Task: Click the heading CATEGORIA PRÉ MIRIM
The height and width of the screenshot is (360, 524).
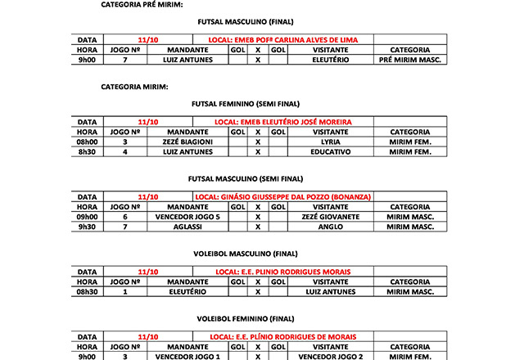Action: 142,4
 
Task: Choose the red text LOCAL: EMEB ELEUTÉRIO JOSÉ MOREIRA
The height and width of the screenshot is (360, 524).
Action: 282,122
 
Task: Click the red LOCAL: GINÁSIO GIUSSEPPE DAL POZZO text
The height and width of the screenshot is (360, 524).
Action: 283,196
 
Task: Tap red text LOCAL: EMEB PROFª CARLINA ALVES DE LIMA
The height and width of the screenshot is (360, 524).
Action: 283,39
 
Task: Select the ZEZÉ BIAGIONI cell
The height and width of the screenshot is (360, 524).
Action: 187,142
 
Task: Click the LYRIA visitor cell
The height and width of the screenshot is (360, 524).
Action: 331,142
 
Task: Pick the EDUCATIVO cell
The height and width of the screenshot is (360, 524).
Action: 331,151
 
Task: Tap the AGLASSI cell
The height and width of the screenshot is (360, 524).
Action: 187,226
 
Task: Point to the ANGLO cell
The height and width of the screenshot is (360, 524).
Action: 331,226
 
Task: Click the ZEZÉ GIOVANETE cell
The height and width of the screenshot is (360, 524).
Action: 331,216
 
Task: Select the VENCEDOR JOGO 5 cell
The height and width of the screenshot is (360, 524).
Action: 187,216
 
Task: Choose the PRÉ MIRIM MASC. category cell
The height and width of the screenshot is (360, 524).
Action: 410,60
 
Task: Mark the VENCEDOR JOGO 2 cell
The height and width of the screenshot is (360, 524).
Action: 331,356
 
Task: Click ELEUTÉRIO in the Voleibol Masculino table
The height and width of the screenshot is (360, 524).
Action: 187,291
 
